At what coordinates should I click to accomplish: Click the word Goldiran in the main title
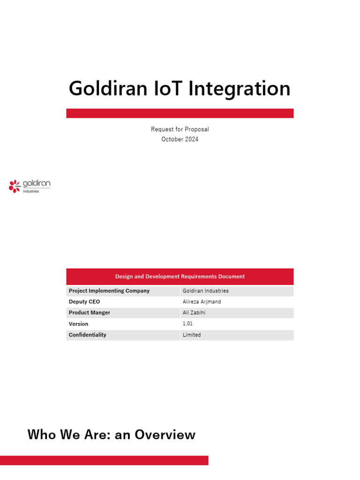[108, 89]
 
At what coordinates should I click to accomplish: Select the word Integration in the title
[239, 89]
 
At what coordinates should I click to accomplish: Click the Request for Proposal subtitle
[180, 129]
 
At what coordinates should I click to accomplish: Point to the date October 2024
[180, 139]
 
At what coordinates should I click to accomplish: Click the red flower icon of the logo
[15, 186]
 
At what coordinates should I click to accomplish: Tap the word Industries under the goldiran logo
[31, 191]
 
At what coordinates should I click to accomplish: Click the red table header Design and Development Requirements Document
[180, 277]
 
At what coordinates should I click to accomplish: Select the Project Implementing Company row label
[109, 291]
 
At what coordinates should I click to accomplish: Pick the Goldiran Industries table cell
[206, 291]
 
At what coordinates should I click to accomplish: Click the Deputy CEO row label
[84, 301]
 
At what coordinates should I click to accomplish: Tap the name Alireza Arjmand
[202, 302]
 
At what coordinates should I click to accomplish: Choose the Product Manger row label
[90, 313]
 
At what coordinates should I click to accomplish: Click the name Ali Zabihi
[194, 313]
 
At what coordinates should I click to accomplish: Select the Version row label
[78, 324]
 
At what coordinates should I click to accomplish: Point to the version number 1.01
[187, 323]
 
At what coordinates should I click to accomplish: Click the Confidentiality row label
[88, 335]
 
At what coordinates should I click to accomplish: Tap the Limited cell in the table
[192, 335]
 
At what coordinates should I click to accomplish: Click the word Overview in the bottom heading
[165, 435]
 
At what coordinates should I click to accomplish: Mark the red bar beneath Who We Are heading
[104, 460]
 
